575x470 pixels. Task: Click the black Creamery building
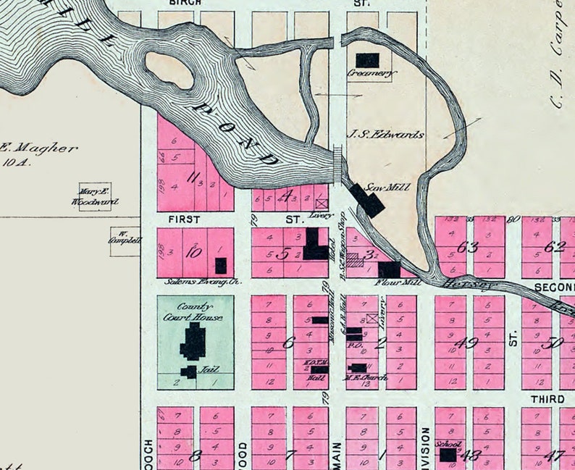[x=367, y=60]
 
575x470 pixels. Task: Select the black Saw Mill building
[x=368, y=201]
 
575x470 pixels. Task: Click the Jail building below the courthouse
[x=188, y=372]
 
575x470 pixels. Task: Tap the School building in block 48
[x=448, y=455]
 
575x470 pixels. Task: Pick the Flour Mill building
[x=388, y=269]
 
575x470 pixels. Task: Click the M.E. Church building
[x=358, y=368]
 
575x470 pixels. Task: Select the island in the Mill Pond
[x=169, y=71]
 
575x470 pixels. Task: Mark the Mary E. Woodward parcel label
[x=95, y=197]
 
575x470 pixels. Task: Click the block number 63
[x=468, y=247]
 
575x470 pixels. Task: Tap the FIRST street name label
[x=182, y=218]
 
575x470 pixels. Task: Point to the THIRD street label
[x=547, y=399]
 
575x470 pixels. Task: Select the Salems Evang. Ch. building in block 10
[x=221, y=265]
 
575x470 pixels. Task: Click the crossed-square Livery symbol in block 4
[x=322, y=204]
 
